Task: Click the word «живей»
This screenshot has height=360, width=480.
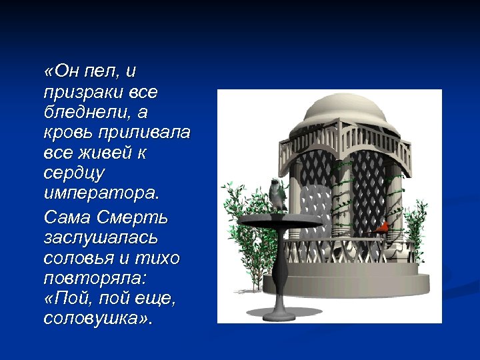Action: [102, 153]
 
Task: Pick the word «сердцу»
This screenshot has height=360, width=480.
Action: [73, 175]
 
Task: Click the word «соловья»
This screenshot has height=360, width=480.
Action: [81, 258]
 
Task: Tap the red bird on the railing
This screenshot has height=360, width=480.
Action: [382, 229]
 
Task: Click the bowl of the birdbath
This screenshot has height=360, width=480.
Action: [279, 219]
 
